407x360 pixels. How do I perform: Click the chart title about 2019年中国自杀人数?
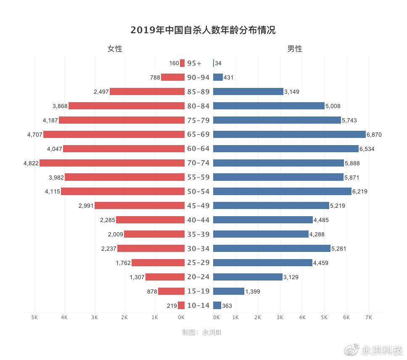click(x=203, y=30)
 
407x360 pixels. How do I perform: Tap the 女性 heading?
click(x=115, y=49)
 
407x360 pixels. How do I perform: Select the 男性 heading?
click(x=294, y=49)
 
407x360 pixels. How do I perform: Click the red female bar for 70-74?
click(x=112, y=163)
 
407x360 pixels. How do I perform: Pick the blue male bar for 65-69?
click(x=289, y=134)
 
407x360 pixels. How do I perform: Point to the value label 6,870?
click(x=374, y=135)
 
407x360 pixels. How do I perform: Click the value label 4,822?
click(x=31, y=163)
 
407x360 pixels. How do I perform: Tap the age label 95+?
click(x=194, y=63)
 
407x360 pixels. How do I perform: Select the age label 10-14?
click(x=198, y=305)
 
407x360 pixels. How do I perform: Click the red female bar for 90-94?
click(x=173, y=77)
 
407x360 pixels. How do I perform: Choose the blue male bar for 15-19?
click(x=229, y=291)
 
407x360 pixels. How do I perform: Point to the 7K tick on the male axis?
click(x=369, y=317)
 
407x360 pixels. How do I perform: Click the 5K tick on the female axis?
click(x=34, y=317)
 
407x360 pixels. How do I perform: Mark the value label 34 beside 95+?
click(x=218, y=63)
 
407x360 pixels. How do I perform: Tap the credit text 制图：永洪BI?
click(x=202, y=332)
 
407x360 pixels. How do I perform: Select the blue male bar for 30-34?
click(x=272, y=248)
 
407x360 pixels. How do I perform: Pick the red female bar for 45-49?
click(x=140, y=206)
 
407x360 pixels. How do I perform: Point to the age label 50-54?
click(x=198, y=191)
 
